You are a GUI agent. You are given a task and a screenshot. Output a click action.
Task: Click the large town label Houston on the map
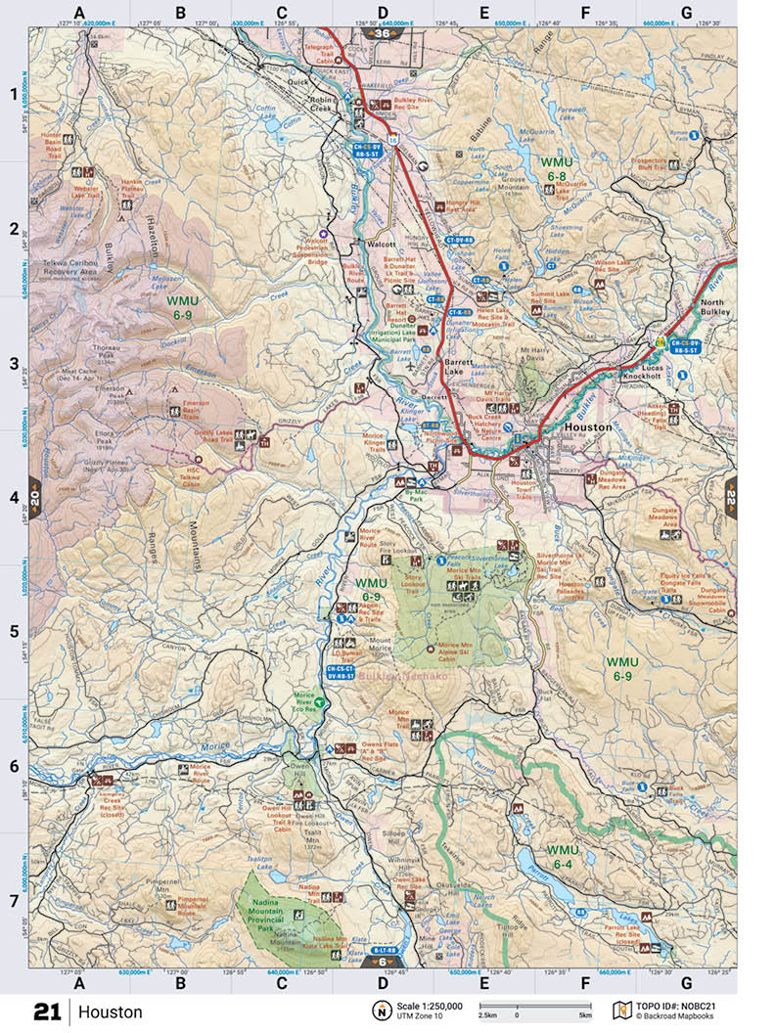(588, 427)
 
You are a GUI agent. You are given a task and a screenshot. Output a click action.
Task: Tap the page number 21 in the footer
(47, 1011)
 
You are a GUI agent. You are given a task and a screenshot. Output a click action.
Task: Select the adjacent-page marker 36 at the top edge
(381, 34)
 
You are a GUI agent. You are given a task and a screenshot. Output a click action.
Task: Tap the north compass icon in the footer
(379, 1011)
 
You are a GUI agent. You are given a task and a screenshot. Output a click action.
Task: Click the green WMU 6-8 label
(557, 168)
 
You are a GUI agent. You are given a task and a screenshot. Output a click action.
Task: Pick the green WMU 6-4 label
(564, 857)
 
